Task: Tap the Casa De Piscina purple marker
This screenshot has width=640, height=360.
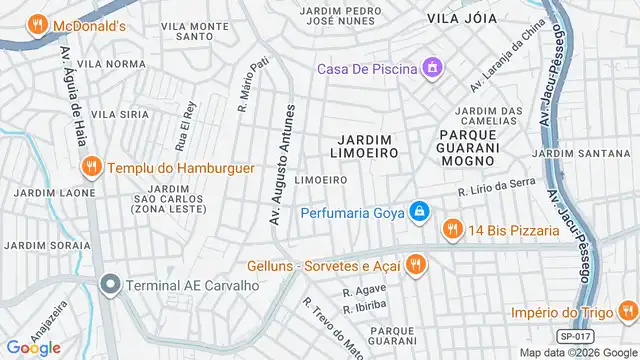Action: [x=432, y=68]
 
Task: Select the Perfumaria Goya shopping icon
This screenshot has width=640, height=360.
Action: [x=419, y=212]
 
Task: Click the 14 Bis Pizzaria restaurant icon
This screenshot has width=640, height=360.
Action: [x=453, y=230]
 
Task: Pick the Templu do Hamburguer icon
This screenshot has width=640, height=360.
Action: [x=91, y=168]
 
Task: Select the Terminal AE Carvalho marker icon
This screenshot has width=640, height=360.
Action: [x=110, y=285]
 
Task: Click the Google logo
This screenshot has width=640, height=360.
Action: [x=34, y=347]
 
